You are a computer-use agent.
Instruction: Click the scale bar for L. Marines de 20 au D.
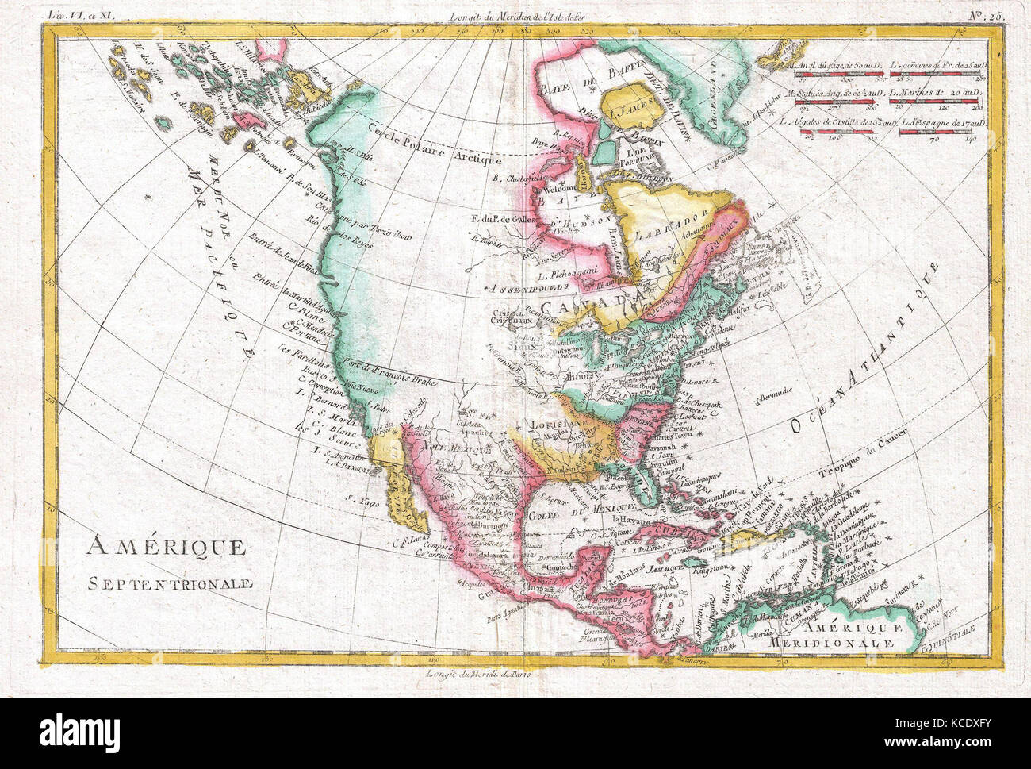[935, 105]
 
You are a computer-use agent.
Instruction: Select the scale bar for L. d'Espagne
[935, 134]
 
